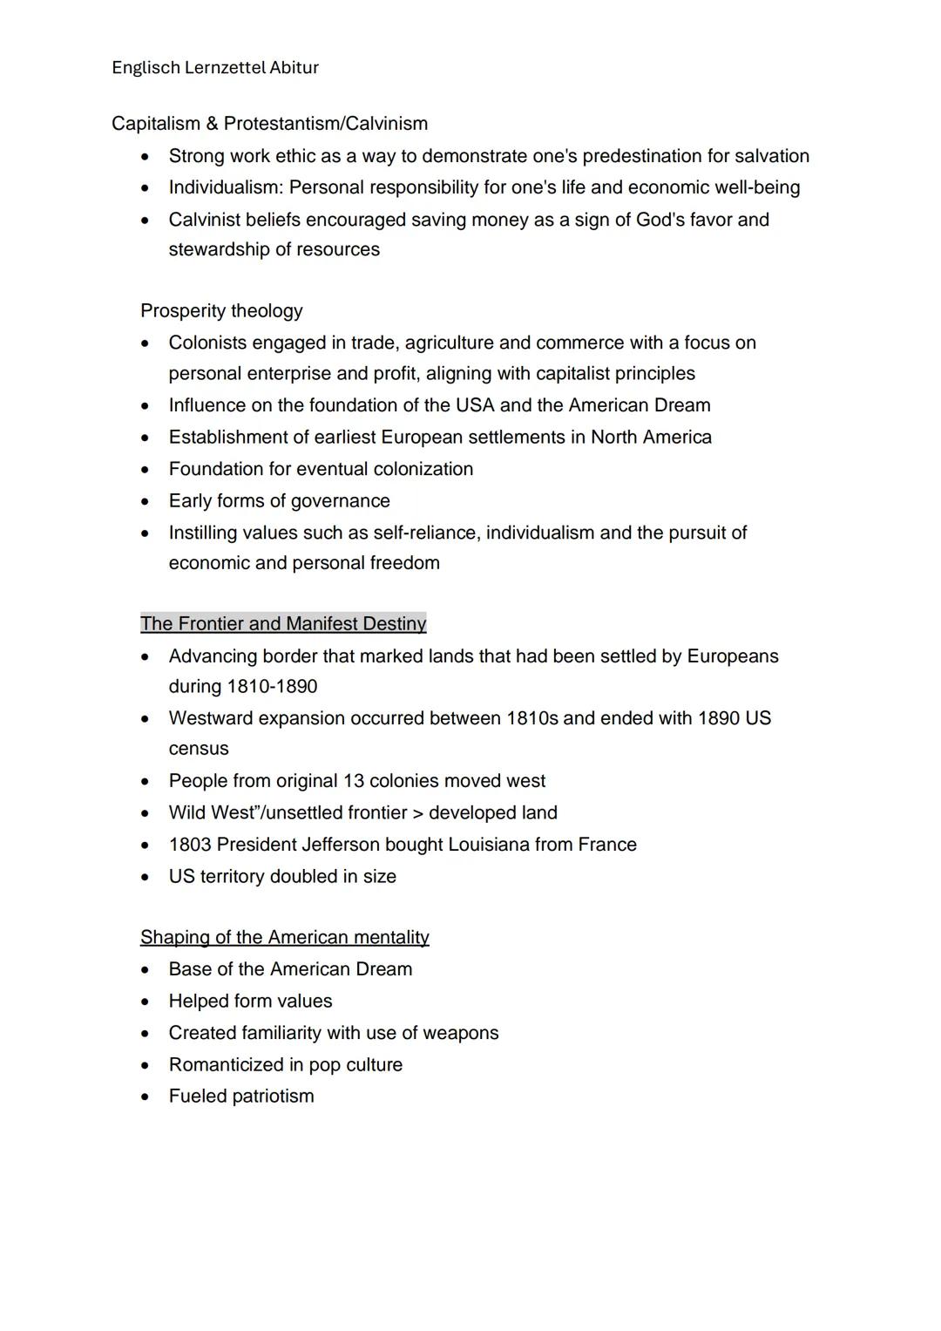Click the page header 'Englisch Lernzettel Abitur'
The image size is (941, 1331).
(x=215, y=68)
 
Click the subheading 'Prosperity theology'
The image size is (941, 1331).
(x=221, y=311)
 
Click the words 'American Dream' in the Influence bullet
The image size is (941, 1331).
(x=640, y=405)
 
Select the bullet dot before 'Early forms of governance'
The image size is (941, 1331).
(x=146, y=501)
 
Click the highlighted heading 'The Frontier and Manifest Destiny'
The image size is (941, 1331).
(x=283, y=624)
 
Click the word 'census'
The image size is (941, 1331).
(x=199, y=749)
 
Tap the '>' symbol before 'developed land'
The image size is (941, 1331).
(x=417, y=813)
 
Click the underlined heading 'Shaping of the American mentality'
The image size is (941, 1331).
(x=284, y=938)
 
